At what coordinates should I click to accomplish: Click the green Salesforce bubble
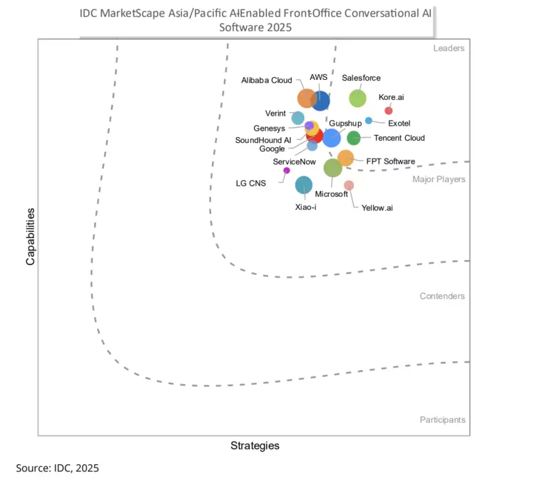[357, 99]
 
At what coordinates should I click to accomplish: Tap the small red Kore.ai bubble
[389, 110]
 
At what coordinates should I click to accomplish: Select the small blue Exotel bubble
[369, 120]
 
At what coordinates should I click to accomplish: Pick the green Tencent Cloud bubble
[354, 138]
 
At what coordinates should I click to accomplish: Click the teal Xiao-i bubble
[303, 186]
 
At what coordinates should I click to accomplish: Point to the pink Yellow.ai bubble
[349, 186]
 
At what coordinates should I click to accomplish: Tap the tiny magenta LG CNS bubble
[287, 170]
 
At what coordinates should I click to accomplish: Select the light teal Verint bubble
[298, 118]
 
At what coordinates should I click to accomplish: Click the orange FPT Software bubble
[345, 158]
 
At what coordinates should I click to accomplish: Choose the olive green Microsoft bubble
[332, 168]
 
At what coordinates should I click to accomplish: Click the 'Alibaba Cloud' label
[266, 81]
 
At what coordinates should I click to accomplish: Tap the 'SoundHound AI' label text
[263, 140]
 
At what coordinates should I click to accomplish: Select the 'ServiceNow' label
[294, 162]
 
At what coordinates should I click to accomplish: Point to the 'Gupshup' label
[345, 124]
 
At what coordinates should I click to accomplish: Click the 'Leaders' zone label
[449, 49]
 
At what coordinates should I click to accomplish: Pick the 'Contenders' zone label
[442, 296]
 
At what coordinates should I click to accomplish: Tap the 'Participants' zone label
[442, 420]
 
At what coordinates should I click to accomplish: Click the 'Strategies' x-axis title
[255, 446]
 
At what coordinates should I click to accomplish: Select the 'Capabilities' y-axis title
[31, 236]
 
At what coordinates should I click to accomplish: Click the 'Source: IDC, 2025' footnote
[57, 468]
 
